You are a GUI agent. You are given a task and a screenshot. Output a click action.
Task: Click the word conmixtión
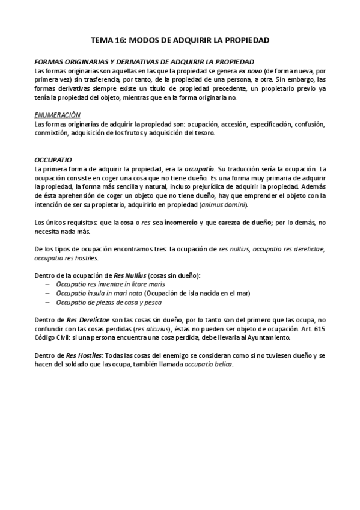(x=51, y=133)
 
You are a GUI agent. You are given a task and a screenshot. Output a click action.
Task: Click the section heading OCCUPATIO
(x=53, y=161)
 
